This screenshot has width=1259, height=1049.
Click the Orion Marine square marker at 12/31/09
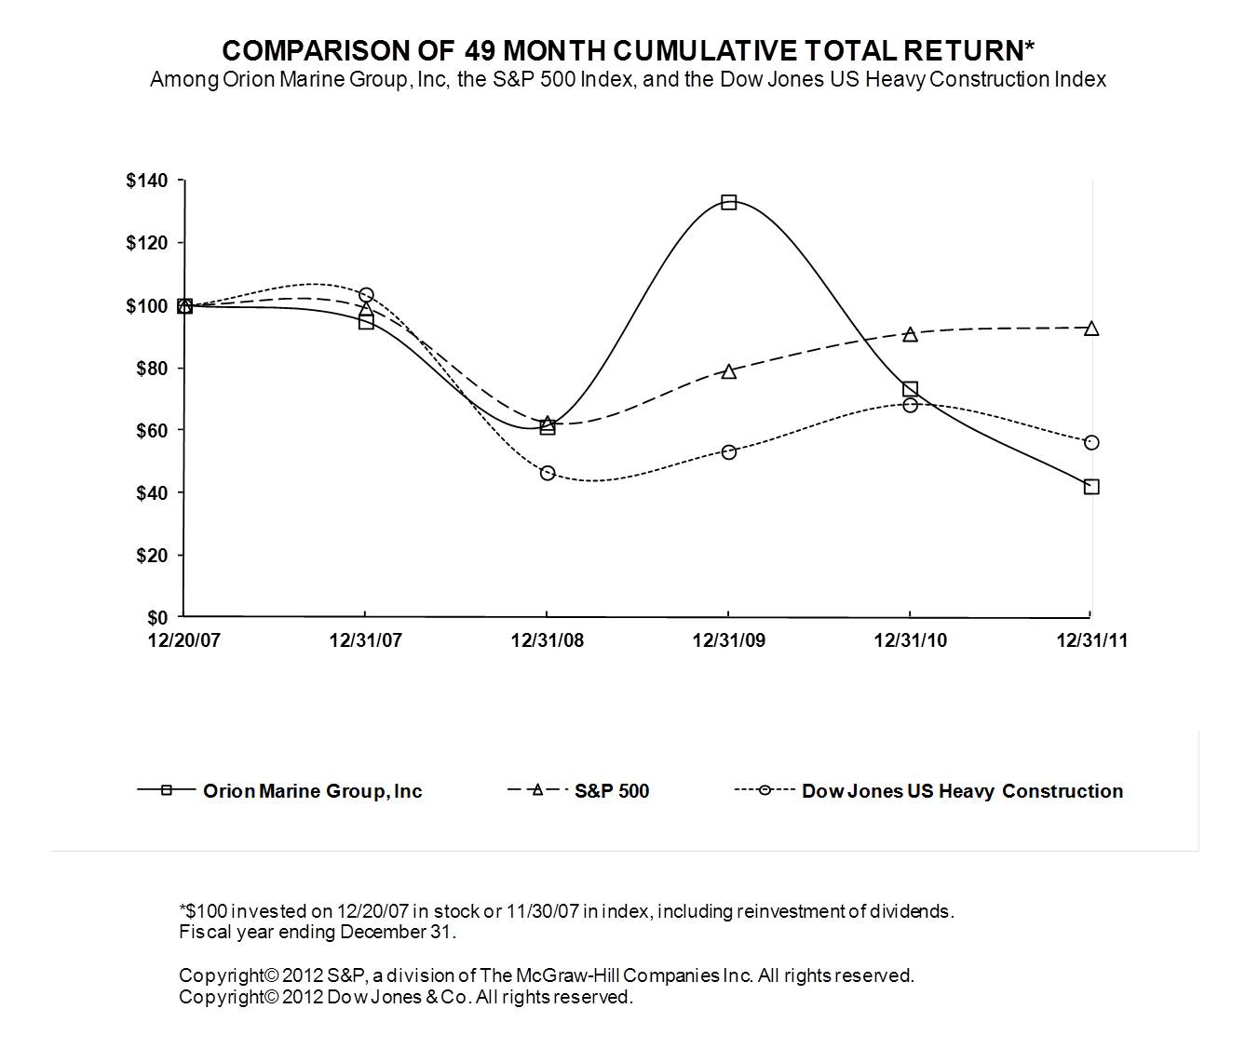[729, 202]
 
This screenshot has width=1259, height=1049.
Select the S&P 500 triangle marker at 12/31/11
[1091, 329]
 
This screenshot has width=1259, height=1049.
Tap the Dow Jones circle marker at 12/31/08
[548, 473]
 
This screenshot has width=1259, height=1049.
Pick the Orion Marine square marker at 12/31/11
[1091, 487]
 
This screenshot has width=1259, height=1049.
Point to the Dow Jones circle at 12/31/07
[366, 295]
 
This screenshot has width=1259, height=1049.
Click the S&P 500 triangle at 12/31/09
[729, 371]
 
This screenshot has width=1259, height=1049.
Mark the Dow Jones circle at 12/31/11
[1091, 442]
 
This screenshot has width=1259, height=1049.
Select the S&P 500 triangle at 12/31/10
[910, 334]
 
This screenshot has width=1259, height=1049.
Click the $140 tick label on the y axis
[147, 181]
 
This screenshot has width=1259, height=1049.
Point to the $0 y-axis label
[157, 618]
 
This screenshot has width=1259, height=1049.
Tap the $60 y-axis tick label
[152, 431]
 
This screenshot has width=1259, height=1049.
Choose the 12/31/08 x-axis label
[548, 641]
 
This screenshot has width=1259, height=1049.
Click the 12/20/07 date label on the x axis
[184, 641]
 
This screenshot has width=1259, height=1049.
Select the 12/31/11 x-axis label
[1091, 641]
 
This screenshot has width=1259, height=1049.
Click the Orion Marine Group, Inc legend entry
[312, 791]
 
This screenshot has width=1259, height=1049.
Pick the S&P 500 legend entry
[611, 791]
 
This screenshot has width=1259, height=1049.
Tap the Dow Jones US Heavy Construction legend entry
[962, 791]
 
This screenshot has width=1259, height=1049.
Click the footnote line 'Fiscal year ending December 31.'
[318, 932]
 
